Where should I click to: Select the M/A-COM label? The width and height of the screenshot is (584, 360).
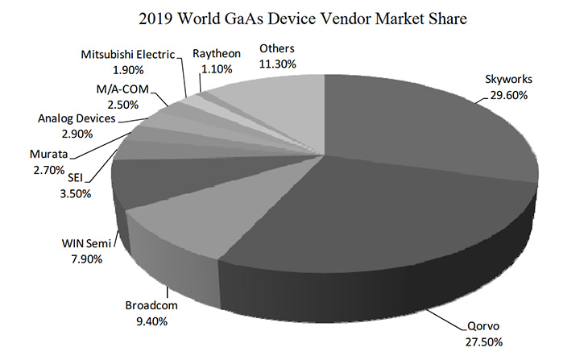pos(122,89)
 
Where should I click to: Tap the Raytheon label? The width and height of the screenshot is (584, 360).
pos(214,55)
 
